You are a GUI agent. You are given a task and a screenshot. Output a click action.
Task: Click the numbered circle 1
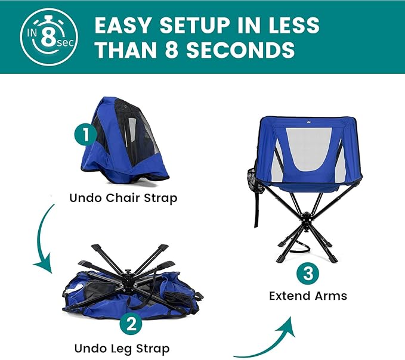86,134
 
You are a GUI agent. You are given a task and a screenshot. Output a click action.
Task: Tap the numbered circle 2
131,325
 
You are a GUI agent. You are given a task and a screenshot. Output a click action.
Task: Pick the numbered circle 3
307,274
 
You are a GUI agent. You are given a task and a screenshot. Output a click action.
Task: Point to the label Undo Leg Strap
122,348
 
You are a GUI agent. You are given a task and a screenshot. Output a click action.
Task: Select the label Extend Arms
308,296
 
